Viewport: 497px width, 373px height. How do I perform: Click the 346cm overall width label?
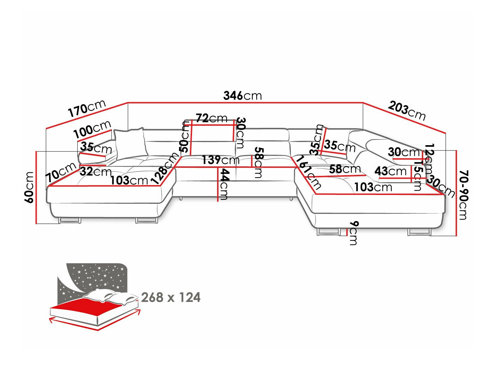click(242, 95)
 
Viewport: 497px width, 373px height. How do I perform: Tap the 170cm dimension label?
click(87, 108)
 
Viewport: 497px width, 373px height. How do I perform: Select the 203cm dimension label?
click(407, 110)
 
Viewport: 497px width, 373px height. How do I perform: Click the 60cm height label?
click(29, 187)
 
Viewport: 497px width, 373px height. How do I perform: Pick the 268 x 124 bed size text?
click(171, 297)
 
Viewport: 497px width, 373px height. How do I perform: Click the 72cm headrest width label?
click(211, 118)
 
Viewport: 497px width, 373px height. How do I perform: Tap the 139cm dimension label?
click(220, 160)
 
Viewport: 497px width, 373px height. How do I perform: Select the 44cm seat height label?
click(224, 184)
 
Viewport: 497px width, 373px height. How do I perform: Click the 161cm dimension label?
click(309, 172)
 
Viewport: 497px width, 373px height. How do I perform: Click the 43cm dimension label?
click(390, 171)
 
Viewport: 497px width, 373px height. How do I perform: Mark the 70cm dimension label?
click(61, 172)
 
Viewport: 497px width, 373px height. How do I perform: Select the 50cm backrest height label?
click(185, 136)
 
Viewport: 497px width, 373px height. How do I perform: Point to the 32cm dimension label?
click(95, 172)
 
